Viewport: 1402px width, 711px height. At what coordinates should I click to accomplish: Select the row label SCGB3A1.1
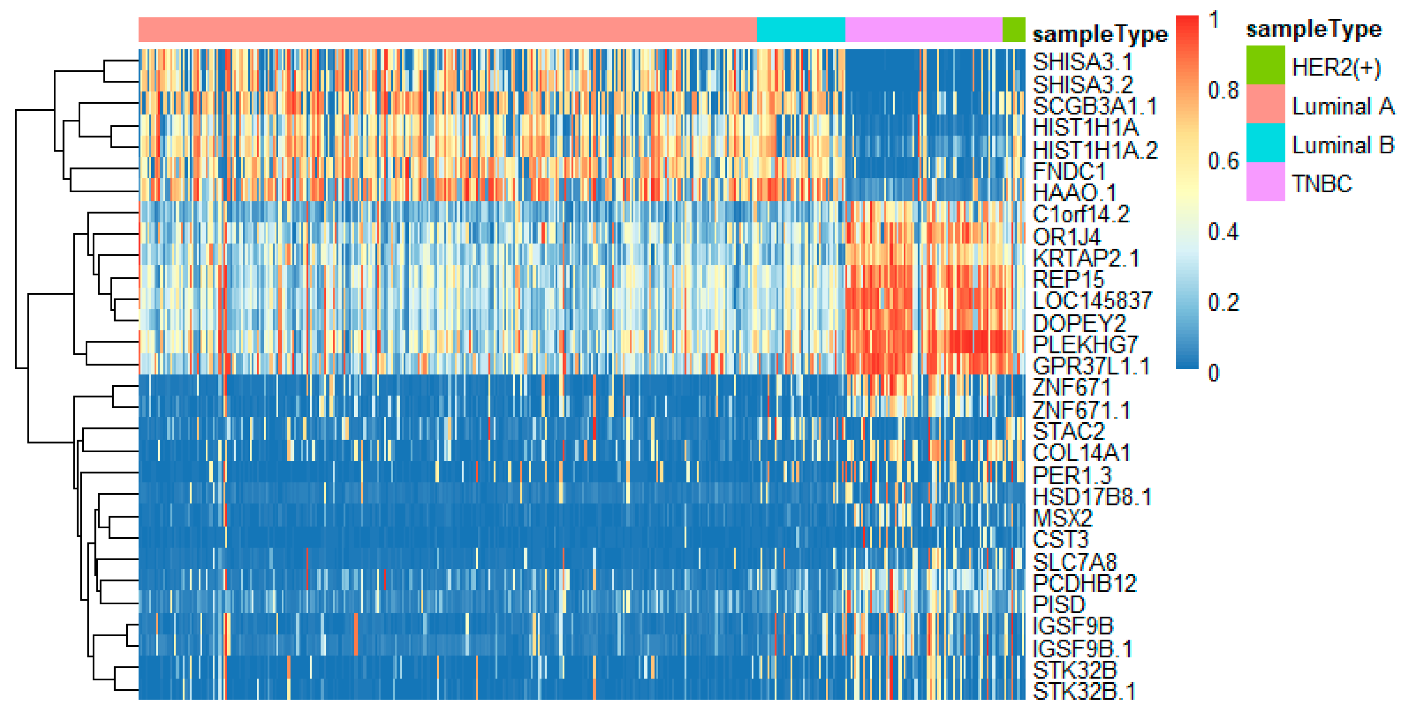pyautogui.click(x=1095, y=106)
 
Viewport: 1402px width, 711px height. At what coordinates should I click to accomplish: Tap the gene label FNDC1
pyautogui.click(x=1069, y=171)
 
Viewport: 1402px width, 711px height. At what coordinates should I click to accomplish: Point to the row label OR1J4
pyautogui.click(x=1066, y=236)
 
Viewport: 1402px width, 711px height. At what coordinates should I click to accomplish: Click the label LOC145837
pyautogui.click(x=1092, y=301)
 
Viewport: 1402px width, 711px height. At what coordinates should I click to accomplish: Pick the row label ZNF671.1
pyautogui.click(x=1081, y=409)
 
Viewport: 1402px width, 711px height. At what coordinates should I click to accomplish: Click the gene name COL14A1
pyautogui.click(x=1081, y=452)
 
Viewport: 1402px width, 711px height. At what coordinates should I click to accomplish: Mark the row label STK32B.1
pyautogui.click(x=1084, y=691)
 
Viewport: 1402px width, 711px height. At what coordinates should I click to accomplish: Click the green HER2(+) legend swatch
pyautogui.click(x=1265, y=65)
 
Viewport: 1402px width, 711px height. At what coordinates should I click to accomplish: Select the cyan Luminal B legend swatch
pyautogui.click(x=1265, y=142)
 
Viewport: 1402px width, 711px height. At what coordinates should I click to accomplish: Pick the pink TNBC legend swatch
pyautogui.click(x=1265, y=182)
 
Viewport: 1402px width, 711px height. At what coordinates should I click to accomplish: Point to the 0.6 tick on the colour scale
pyautogui.click(x=1223, y=161)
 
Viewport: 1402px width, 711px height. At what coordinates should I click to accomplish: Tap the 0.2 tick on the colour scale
pyautogui.click(x=1223, y=302)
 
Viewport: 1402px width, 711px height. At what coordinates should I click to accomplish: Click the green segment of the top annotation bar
pyautogui.click(x=1013, y=29)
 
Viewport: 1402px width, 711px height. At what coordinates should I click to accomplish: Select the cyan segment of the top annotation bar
pyautogui.click(x=801, y=29)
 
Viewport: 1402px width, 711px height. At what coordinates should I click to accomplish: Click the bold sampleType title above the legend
pyautogui.click(x=1313, y=29)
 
